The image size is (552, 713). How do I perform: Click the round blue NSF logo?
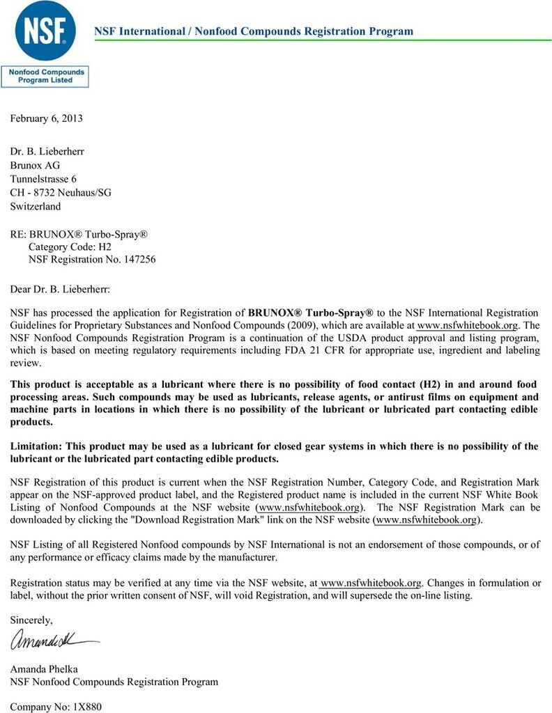click(49, 31)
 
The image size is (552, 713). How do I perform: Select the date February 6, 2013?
click(46, 118)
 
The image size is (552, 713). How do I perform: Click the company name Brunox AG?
click(35, 165)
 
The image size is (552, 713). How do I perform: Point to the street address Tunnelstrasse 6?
click(43, 179)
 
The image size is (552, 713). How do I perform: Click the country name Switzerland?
click(35, 206)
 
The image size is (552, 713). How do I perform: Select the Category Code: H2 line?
click(70, 246)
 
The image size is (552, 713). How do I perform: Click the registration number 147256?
click(139, 260)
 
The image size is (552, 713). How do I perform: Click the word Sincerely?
click(31, 620)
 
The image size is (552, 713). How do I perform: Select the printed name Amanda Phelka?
click(43, 668)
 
